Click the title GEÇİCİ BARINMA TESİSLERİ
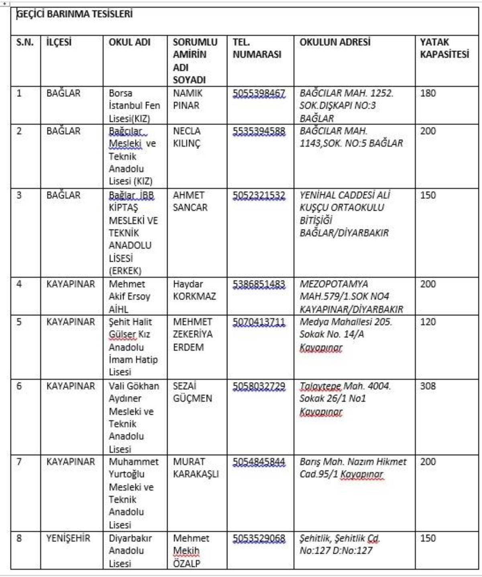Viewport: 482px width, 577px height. coord(75,14)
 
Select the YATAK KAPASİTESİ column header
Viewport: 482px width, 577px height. coord(444,48)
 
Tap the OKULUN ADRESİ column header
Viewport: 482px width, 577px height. coord(335,42)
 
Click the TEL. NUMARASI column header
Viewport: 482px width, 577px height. coord(257,48)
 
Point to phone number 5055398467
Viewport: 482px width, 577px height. coord(259,93)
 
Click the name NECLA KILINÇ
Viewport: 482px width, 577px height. coord(187,137)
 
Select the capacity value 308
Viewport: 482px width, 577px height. coord(428,386)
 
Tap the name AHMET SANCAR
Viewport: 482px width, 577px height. coord(190,201)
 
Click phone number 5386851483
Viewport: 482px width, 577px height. coord(259,284)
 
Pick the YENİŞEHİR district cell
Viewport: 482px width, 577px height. coord(68,538)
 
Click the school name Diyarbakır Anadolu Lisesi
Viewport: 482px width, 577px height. coord(130,550)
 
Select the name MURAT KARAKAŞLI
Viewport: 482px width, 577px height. coord(196,468)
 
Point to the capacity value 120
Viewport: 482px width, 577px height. coord(428,322)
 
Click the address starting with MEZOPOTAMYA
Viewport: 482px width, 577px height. coord(351,297)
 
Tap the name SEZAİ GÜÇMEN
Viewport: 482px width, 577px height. coord(192,392)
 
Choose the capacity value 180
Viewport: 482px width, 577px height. coord(428,93)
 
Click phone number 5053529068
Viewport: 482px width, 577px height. coord(259,538)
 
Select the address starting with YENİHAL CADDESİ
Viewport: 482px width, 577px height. coord(345,214)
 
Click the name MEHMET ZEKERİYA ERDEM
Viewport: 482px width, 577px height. coord(193,334)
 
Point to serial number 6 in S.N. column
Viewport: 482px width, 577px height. coord(19,386)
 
